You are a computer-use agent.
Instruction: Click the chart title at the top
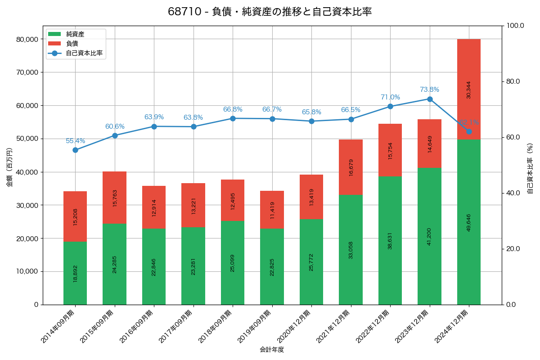270,12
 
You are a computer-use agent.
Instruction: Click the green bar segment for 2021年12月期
351,249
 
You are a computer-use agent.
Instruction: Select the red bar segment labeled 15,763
114,198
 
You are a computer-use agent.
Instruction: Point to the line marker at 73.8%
430,99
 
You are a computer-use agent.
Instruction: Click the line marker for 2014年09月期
75,150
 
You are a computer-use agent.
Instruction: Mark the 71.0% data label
390,97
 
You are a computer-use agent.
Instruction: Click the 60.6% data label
115,126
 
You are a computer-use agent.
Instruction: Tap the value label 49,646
469,222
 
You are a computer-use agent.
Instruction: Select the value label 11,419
272,210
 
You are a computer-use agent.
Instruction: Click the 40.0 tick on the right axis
513,193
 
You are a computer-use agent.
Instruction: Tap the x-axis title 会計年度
272,350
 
